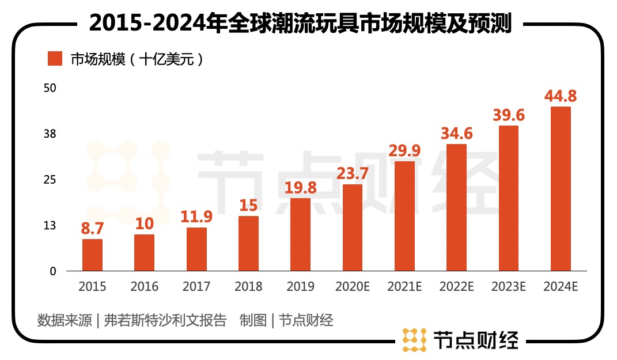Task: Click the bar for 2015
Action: pos(92,255)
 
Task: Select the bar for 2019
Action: pos(300,234)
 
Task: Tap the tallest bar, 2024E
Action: pos(561,188)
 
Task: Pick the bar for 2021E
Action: pos(404,216)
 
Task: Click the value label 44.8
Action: pos(561,96)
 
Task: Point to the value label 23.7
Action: pos(353,173)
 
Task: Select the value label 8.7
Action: pos(92,228)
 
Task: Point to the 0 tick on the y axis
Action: pos(53,271)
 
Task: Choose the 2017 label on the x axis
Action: pos(196,286)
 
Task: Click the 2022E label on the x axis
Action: pos(456,286)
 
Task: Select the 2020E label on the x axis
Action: pos(353,286)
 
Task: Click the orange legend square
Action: pos(55,59)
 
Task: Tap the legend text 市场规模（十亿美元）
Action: pos(137,59)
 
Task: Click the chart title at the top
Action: pos(300,24)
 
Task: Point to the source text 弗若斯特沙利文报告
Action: pos(165,320)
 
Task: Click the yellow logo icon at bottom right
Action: pos(414,340)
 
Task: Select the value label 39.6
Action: pos(509,115)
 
